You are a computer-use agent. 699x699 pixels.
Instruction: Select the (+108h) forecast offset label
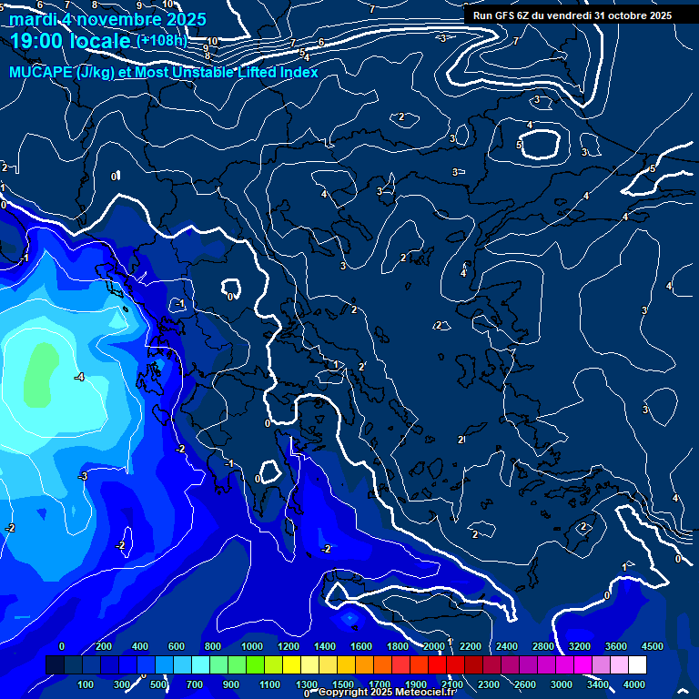[x=161, y=40]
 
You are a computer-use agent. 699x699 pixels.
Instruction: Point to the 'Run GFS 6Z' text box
[x=572, y=15]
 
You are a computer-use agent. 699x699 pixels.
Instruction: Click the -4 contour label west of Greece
[x=79, y=377]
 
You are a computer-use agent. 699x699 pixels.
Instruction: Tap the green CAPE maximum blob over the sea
[x=38, y=374]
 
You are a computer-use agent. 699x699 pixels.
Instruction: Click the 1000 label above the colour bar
[x=251, y=646]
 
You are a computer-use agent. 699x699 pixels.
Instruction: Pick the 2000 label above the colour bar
[x=434, y=646]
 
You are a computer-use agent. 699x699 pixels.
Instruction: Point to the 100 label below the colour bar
[x=86, y=684]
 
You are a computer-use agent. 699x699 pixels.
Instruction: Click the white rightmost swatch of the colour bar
[x=637, y=665]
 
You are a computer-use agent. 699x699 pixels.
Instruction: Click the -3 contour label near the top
[x=441, y=38]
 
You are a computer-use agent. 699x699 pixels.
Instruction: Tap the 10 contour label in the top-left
[x=212, y=42]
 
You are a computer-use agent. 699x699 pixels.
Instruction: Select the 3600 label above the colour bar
[x=616, y=646]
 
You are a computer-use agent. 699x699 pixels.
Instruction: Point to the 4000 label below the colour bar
[x=634, y=684]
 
